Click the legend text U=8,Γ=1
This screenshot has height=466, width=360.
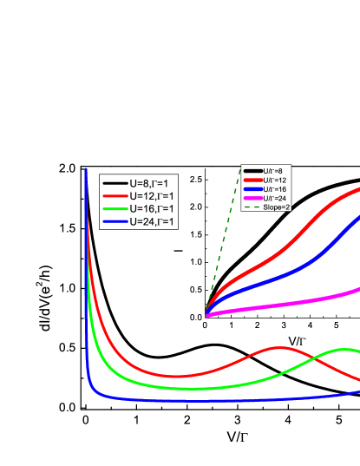point(153,183)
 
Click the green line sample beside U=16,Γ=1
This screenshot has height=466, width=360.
point(115,209)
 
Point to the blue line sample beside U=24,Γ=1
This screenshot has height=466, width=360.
point(115,222)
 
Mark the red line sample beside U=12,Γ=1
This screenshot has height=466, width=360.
point(115,196)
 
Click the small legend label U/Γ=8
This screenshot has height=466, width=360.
point(273,171)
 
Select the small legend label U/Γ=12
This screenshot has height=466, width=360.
point(275,180)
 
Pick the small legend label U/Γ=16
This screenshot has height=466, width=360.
point(275,189)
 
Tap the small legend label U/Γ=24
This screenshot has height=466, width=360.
point(275,199)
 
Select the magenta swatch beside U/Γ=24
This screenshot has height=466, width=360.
point(252,199)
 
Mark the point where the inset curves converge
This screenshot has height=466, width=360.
point(206,316)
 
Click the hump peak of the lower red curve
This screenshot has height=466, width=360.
point(279,348)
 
